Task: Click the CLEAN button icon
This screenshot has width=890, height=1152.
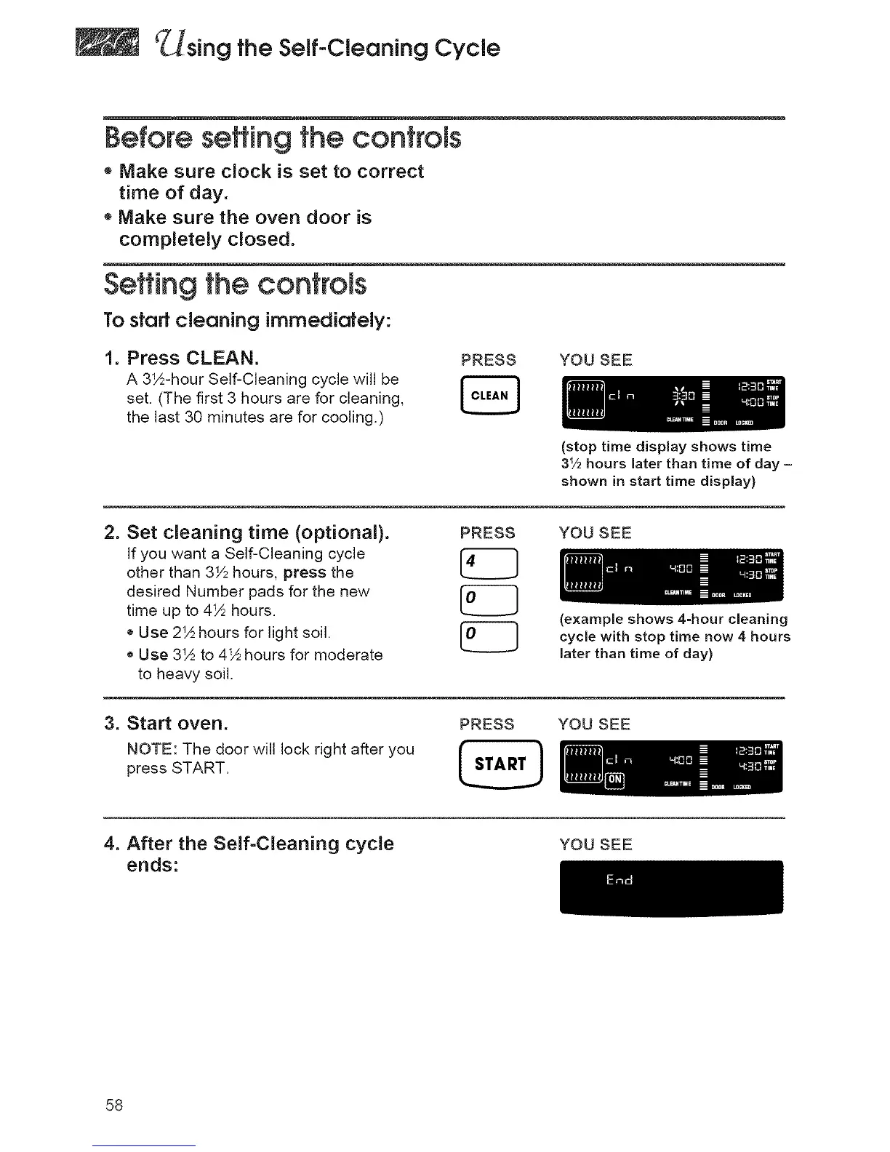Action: click(489, 396)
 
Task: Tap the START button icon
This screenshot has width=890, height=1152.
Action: click(500, 764)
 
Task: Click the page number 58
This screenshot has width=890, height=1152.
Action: click(114, 1105)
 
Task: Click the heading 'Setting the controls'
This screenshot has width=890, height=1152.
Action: click(236, 284)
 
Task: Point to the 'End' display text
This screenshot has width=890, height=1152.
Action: click(620, 880)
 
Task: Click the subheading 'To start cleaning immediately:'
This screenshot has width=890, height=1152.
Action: click(248, 321)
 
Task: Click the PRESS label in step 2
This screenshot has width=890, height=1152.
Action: click(488, 533)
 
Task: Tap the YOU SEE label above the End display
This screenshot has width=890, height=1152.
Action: click(596, 844)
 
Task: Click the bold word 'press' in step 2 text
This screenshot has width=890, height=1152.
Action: click(304, 572)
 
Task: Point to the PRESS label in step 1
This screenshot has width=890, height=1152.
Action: click(489, 361)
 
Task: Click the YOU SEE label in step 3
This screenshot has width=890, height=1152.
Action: click(594, 724)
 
